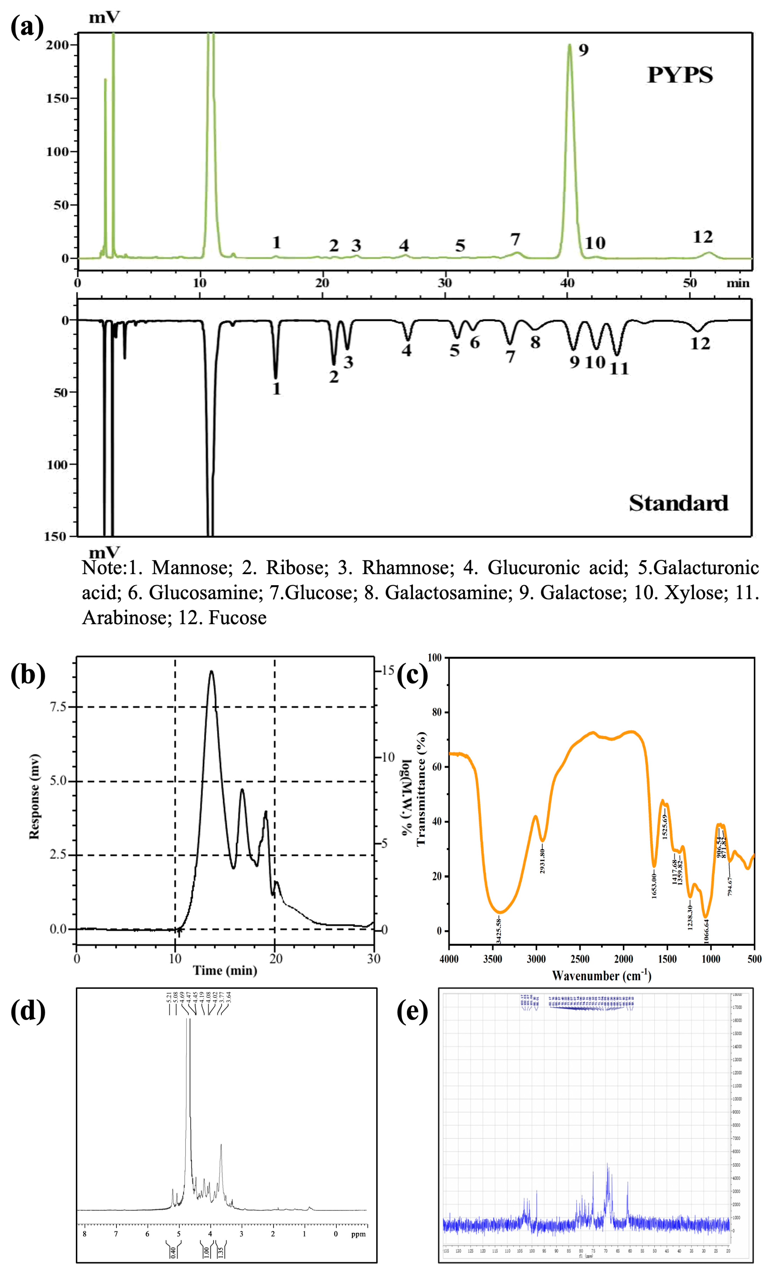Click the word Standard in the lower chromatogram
click(x=678, y=503)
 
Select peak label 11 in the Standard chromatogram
click(x=619, y=369)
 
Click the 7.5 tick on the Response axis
click(x=58, y=707)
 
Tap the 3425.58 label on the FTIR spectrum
click(x=498, y=931)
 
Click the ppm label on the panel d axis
click(x=358, y=1234)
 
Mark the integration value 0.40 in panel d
click(x=173, y=1252)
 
